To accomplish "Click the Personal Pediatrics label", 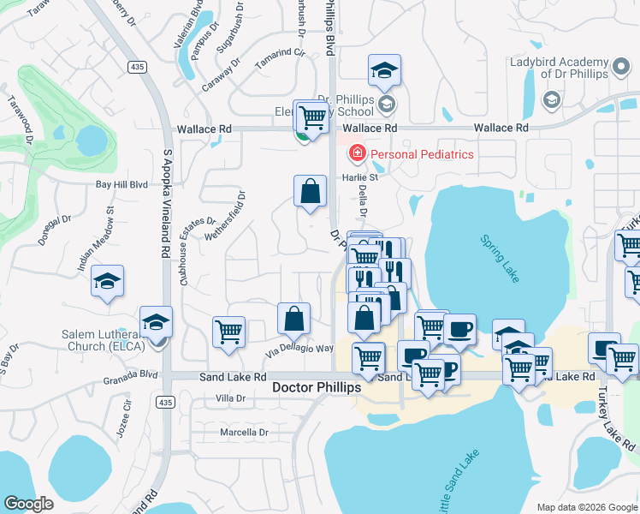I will point(421,154).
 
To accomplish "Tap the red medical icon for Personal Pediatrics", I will point(355,154).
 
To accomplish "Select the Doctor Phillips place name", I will point(317,387).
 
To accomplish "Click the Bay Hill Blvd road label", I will point(121,184).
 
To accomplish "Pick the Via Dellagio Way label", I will point(299,349).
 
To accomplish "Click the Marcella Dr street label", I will point(245,433).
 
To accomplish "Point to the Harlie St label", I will point(360,178).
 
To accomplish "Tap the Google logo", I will point(29,504).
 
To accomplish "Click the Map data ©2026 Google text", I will point(587,507).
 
